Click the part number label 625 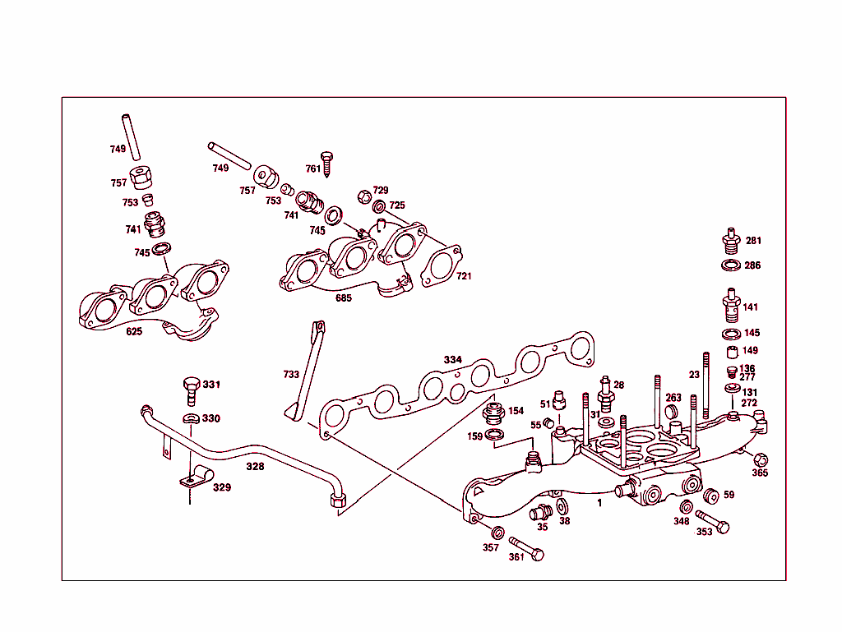tap(134, 331)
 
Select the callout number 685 tap(343, 298)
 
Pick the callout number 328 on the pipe tap(255, 466)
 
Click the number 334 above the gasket tap(453, 360)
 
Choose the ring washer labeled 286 tap(729, 265)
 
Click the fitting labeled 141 tap(729, 306)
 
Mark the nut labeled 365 tap(761, 459)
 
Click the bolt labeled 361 tap(526, 548)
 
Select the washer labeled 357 tap(497, 533)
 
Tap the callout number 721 tap(465, 276)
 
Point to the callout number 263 tap(673, 398)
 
